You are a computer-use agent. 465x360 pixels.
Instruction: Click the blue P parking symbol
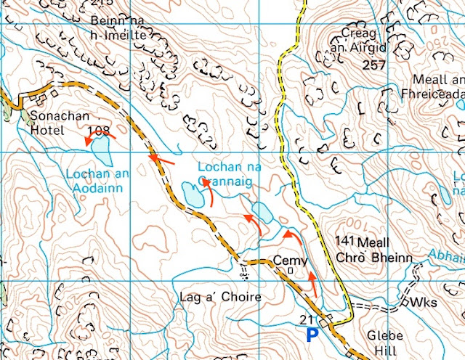[312, 335]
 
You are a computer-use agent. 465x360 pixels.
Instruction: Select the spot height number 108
[98, 131]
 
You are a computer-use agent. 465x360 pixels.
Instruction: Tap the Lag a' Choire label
[211, 297]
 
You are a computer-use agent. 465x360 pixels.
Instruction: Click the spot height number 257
[372, 65]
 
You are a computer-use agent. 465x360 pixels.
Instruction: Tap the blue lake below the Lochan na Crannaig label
[191, 194]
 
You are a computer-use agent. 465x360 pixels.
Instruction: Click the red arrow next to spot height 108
[93, 141]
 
